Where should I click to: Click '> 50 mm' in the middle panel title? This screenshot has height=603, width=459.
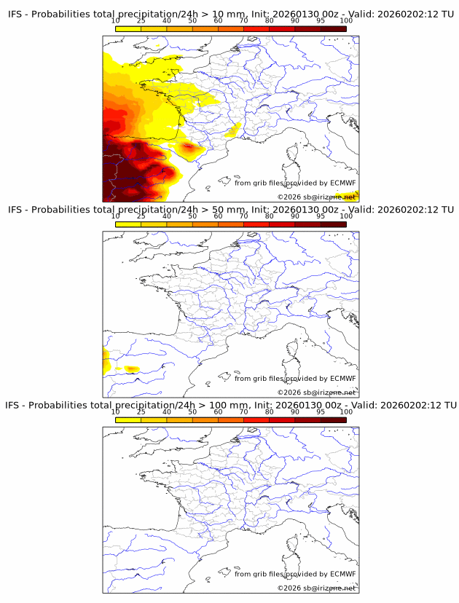[223, 210]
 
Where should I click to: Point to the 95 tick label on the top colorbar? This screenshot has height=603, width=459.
[321, 22]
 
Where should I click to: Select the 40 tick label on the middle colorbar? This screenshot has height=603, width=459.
[167, 216]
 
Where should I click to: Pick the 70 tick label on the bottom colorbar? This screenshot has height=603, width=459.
[243, 411]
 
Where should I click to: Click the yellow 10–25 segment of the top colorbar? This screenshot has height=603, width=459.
[127, 29]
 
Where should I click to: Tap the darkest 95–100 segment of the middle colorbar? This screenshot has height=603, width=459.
[333, 224]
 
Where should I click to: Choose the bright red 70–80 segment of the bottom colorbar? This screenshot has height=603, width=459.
[256, 419]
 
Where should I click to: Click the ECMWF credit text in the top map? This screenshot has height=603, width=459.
[295, 183]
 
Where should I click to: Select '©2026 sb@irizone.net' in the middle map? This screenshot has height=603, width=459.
[316, 392]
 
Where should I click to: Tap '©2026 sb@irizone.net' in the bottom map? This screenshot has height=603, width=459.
[316, 587]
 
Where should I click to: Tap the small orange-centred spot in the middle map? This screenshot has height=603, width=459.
[131, 368]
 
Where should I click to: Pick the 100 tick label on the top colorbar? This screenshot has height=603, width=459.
[346, 22]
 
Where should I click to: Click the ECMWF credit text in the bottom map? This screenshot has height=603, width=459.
[295, 573]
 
